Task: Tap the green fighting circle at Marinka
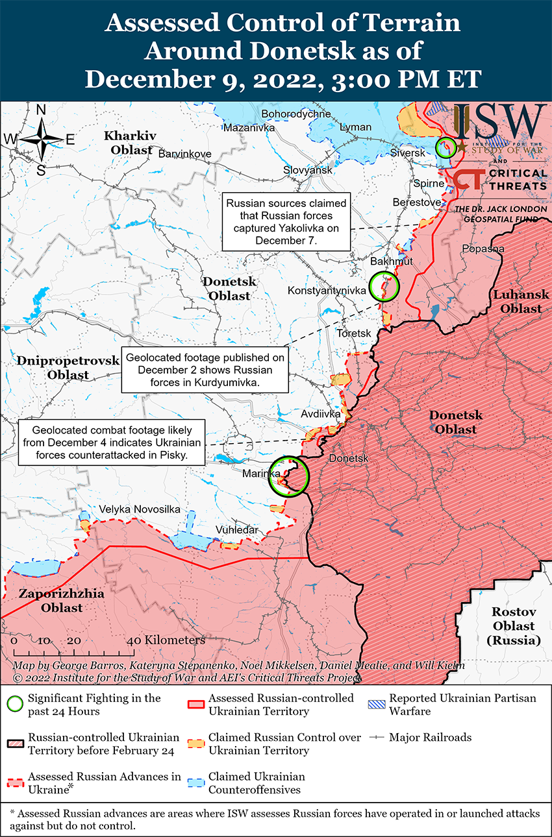(289, 476)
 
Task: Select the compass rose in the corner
(40, 139)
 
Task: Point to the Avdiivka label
(321, 413)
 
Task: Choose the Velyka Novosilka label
(139, 509)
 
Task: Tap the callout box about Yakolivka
(286, 222)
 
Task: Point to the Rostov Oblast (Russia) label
(513, 626)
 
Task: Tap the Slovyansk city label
(307, 170)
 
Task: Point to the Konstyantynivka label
(327, 291)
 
